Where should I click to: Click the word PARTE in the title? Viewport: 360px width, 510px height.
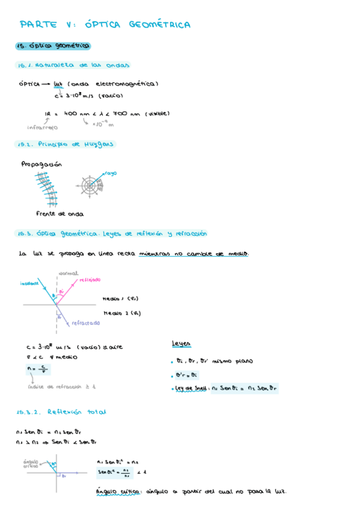coord(38,25)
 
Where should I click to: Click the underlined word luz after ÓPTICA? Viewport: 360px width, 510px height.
coord(58,84)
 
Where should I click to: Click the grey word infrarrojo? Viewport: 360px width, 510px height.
coord(42,127)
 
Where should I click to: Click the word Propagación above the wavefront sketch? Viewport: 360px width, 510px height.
coord(41,164)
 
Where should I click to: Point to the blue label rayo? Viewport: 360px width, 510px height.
coord(111,173)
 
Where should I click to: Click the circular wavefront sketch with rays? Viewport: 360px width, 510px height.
coord(91,185)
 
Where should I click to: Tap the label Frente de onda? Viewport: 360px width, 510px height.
coord(59,214)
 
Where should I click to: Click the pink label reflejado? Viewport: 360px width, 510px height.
coord(89,280)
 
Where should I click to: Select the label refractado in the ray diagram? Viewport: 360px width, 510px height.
coord(86,323)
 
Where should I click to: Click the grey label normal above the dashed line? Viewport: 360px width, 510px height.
coord(68,273)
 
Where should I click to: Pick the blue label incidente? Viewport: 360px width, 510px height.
coord(29,283)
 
